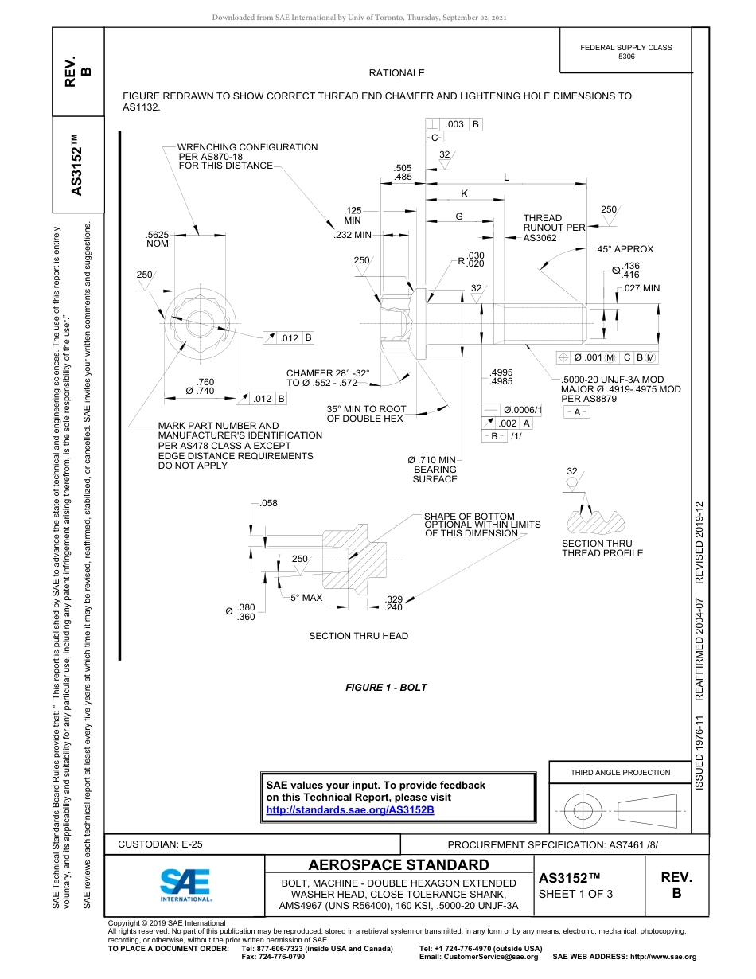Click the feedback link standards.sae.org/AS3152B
click(x=349, y=809)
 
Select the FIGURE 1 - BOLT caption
click(x=386, y=687)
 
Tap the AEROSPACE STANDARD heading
click(x=399, y=865)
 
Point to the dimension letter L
click(x=506, y=177)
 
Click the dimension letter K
click(x=465, y=194)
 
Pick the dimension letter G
click(x=459, y=216)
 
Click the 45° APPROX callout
click(x=625, y=249)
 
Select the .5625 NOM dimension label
click(x=158, y=239)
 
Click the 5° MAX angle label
click(x=306, y=597)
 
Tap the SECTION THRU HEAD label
click(x=358, y=636)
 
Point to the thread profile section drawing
click(x=595, y=520)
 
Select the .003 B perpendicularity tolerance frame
click(x=454, y=124)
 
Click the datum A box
click(x=576, y=412)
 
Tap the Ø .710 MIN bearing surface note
click(x=432, y=470)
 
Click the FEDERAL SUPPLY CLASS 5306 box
click(x=625, y=52)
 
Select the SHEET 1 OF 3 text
click(x=575, y=894)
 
